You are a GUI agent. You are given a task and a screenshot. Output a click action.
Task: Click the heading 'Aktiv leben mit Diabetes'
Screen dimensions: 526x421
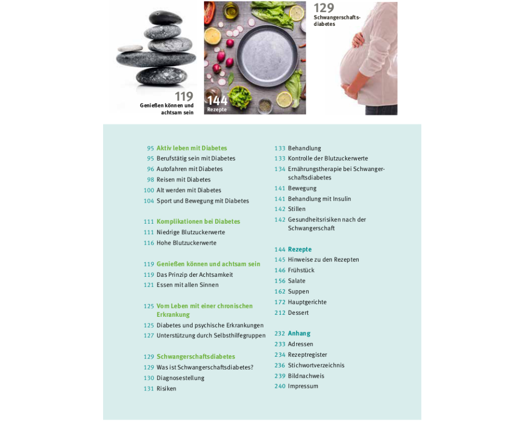191,148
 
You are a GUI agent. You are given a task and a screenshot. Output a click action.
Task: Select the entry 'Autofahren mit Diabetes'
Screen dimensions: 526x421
189,169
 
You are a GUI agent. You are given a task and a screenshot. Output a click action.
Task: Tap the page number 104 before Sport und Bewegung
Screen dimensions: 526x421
149,201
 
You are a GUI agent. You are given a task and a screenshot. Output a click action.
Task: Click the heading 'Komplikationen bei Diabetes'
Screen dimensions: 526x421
198,222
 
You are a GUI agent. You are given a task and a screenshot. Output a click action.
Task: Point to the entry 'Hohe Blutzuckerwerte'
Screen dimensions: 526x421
187,243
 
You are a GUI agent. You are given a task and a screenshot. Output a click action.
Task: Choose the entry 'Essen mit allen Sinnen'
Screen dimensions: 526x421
188,285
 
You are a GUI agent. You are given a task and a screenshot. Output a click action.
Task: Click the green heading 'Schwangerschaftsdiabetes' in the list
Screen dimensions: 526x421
196,357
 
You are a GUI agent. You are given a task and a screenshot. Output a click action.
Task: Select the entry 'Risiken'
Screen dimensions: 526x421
166,388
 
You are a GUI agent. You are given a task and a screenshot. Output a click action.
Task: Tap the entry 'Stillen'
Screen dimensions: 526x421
297,209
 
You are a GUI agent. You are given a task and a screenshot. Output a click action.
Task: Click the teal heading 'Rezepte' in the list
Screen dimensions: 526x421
300,249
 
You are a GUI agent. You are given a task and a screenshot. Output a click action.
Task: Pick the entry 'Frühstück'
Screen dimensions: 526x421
301,270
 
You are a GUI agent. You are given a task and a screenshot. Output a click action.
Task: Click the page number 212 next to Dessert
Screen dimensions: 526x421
280,313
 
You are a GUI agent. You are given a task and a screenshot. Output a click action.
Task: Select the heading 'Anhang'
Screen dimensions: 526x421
299,333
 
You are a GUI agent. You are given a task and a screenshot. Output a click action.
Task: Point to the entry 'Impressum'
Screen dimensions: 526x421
303,386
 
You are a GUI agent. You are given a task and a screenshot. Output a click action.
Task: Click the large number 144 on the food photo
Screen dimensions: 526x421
217,101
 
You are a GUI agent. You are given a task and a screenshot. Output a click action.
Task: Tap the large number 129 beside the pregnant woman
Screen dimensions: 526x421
323,8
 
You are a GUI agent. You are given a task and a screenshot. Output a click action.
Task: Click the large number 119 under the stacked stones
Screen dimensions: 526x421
184,97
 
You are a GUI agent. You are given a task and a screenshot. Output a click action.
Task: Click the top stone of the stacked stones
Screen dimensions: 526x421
165,17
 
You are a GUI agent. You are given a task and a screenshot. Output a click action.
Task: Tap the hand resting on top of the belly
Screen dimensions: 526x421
358,40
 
